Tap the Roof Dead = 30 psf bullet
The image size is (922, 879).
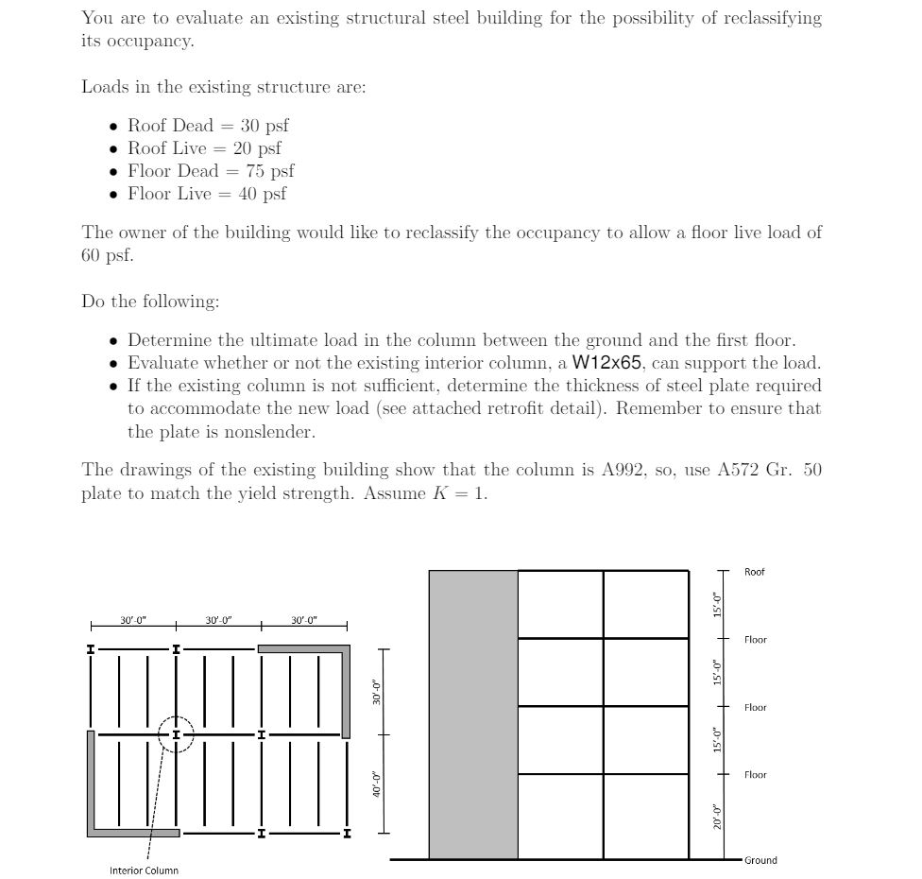point(208,126)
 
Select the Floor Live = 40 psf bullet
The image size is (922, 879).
point(207,194)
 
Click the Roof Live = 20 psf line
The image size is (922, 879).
point(204,148)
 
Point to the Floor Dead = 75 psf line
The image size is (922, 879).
point(211,171)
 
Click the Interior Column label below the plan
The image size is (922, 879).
point(144,870)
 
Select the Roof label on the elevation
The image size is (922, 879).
point(754,572)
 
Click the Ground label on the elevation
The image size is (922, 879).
point(760,860)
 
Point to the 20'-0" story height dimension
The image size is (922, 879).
point(717,817)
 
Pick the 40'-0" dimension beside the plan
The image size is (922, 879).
point(376,784)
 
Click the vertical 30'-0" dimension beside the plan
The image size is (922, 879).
point(376,692)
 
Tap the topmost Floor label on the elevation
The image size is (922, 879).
point(755,640)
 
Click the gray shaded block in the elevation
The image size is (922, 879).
point(473,715)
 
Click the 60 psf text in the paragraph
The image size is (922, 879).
point(107,255)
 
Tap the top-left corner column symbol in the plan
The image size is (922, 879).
point(91,649)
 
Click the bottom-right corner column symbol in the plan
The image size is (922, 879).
point(347,834)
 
